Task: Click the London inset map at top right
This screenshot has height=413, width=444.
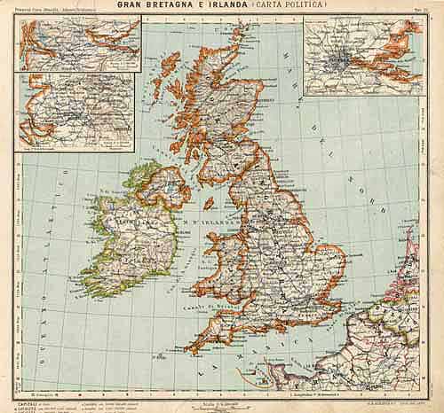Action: (x=361, y=55)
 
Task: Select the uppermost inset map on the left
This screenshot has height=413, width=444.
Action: (x=80, y=45)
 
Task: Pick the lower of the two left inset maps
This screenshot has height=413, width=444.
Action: (x=76, y=113)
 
